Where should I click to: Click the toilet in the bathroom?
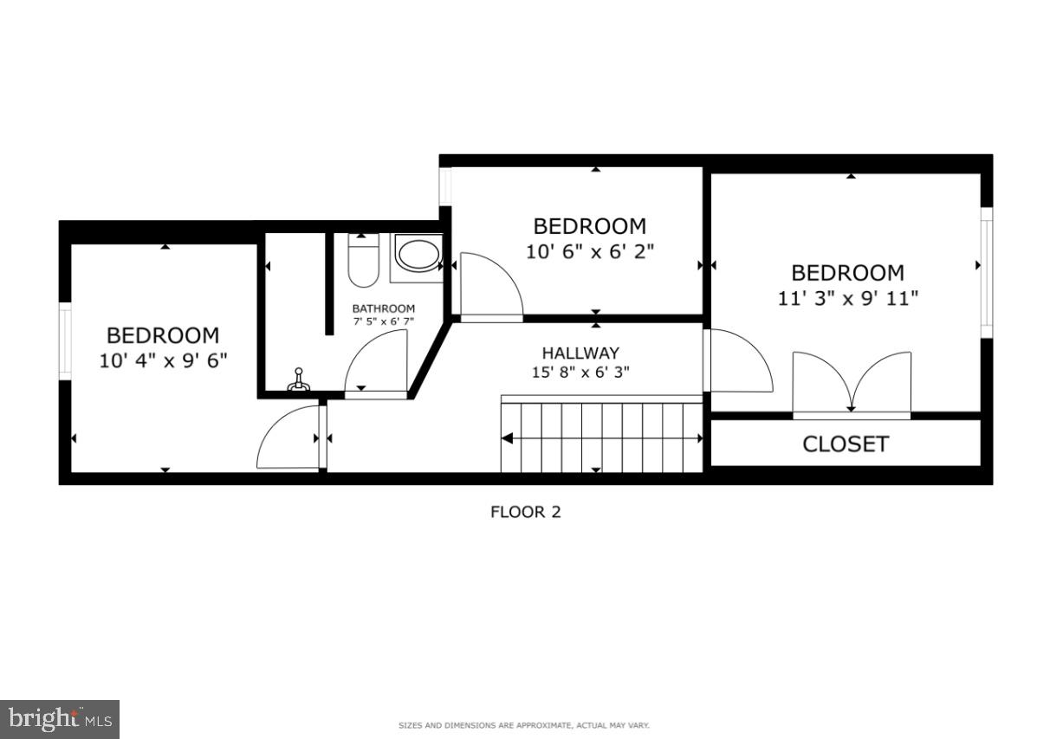pyautogui.click(x=363, y=260)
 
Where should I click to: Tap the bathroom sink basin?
pyautogui.click(x=418, y=255)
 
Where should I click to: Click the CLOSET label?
pyautogui.click(x=845, y=444)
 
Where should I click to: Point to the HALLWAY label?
pyautogui.click(x=580, y=353)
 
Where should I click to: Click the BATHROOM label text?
pyautogui.click(x=383, y=308)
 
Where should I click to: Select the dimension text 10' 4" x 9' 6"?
pyautogui.click(x=163, y=360)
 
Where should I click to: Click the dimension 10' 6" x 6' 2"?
pyautogui.click(x=589, y=251)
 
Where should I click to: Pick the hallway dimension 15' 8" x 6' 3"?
pyautogui.click(x=580, y=373)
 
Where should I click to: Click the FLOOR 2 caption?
pyautogui.click(x=525, y=512)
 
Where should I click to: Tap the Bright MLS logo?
pyautogui.click(x=60, y=718)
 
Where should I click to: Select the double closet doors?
pyautogui.click(x=852, y=383)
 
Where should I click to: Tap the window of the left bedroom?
pyautogui.click(x=65, y=340)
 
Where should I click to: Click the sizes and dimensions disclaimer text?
pyautogui.click(x=523, y=725)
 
